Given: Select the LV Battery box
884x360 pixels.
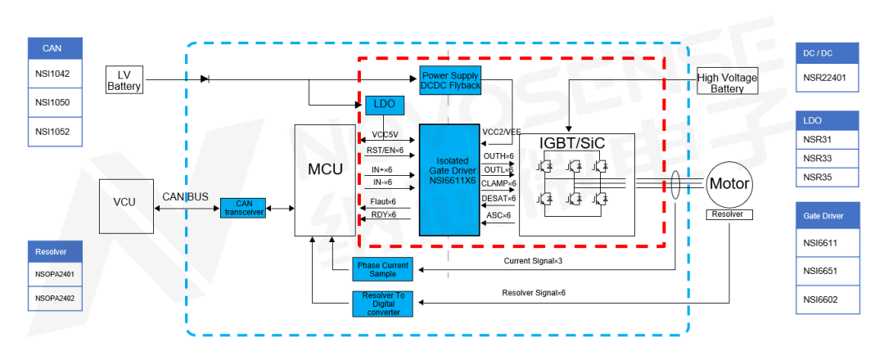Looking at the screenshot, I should tap(124, 80).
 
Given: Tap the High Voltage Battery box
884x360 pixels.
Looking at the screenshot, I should tap(727, 83).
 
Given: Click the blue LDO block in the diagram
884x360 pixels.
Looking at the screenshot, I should tap(379, 105).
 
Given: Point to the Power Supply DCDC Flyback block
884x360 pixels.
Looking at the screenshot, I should tap(451, 80).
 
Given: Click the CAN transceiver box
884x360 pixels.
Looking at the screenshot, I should tap(244, 209).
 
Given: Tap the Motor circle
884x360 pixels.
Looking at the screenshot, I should tap(728, 184).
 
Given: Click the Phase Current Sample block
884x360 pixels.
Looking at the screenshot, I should tap(382, 268).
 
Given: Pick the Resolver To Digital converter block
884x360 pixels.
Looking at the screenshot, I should tap(382, 304).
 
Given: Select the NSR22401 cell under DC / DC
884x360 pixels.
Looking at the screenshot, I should tap(827, 80).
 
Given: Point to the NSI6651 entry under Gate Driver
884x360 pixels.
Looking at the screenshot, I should tap(827, 270).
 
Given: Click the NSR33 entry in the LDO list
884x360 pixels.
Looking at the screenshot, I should tap(827, 158).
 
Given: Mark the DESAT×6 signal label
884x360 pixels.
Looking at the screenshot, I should tap(498, 198).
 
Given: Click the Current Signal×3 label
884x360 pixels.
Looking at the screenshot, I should tap(534, 262).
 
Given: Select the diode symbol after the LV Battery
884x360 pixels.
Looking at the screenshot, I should tap(205, 79).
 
